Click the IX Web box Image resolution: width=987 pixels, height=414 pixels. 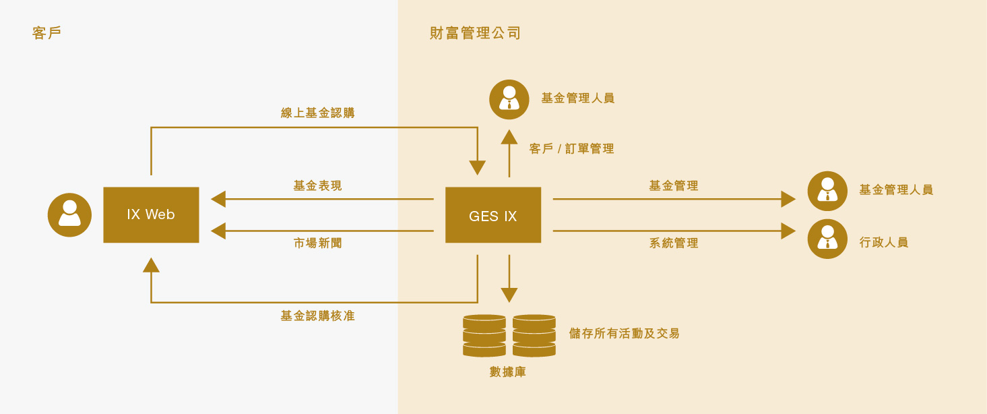pos(151,214)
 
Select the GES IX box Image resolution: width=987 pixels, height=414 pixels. pos(493,214)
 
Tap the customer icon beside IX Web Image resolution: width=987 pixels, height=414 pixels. pos(69,214)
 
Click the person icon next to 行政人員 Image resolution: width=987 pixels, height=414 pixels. pos(827,239)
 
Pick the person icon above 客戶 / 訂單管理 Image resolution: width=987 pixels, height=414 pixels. pos(509,99)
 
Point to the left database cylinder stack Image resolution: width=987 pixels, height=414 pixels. pos(484,336)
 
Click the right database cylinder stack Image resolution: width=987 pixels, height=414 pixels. pos(534,336)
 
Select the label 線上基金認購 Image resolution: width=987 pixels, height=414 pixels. pos(318,113)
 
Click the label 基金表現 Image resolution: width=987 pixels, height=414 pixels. pos(318,185)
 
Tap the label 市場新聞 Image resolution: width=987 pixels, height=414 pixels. pos(318,243)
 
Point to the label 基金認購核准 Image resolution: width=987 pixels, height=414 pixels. pos(318,316)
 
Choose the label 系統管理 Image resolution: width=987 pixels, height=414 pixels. pos(674,243)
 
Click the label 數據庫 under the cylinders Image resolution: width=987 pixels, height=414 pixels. pos(508,372)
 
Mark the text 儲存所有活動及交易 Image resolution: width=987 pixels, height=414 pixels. pos(625,333)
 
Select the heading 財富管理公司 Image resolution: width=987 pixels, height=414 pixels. pos(476,33)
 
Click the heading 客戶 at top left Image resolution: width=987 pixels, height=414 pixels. pos(46,33)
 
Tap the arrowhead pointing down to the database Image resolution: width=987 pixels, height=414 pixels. pos(509,295)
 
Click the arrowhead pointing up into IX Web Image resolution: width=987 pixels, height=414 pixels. pos(151,265)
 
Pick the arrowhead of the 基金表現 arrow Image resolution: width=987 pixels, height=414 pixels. pos(218,199)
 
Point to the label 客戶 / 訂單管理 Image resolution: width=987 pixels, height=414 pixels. pos(571,148)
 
